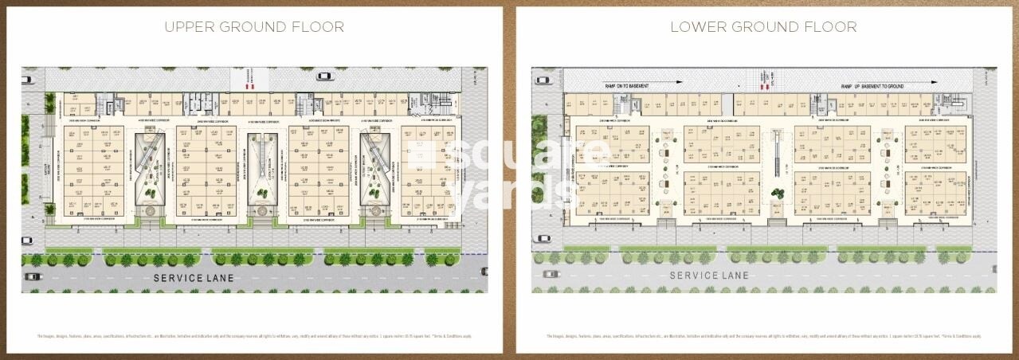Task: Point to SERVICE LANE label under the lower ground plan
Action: [709, 275]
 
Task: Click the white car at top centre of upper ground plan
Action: [323, 76]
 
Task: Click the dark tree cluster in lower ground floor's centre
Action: [776, 192]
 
